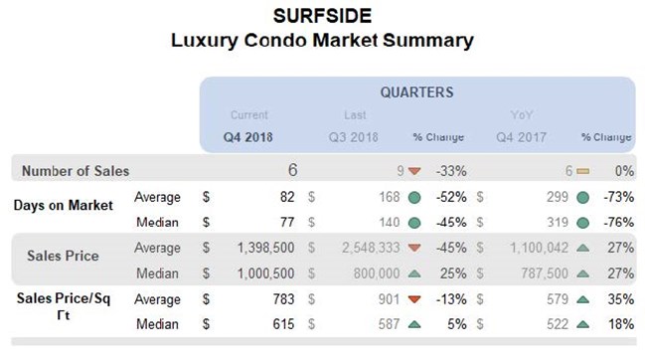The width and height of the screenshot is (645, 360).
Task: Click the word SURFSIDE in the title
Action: pyautogui.click(x=322, y=17)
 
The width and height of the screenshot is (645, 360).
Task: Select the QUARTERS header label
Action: pyautogui.click(x=416, y=92)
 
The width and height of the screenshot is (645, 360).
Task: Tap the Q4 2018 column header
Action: pyautogui.click(x=249, y=136)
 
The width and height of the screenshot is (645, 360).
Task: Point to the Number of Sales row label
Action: pyautogui.click(x=76, y=171)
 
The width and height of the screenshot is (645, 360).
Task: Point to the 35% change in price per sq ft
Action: pyautogui.click(x=620, y=297)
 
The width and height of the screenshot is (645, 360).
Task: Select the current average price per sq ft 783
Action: pyautogui.click(x=275, y=297)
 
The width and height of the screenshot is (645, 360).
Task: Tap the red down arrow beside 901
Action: pyautogui.click(x=413, y=297)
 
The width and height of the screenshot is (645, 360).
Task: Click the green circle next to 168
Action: pyautogui.click(x=413, y=197)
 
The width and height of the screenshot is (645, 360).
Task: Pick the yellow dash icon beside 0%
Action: pyautogui.click(x=583, y=171)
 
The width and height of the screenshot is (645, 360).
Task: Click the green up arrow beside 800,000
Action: pyautogui.click(x=413, y=271)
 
